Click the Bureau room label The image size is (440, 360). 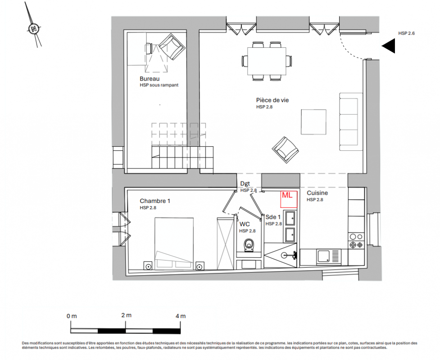(x=150, y=79)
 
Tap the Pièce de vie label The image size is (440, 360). (x=272, y=100)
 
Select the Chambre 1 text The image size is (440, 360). (x=155, y=201)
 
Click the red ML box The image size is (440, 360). (x=289, y=199)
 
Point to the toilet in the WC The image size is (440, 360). (x=249, y=245)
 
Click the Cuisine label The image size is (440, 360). (x=317, y=193)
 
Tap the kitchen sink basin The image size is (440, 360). (x=323, y=256)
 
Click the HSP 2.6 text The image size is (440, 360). (x=406, y=33)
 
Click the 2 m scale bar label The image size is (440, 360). (x=126, y=315)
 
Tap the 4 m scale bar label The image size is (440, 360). (x=181, y=316)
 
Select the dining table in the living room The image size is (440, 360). (x=267, y=61)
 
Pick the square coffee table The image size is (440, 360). (x=313, y=122)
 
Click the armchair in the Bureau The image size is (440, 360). (x=172, y=46)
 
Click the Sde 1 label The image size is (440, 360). (x=273, y=217)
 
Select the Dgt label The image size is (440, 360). (x=245, y=184)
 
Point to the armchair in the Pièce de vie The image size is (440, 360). (x=285, y=150)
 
